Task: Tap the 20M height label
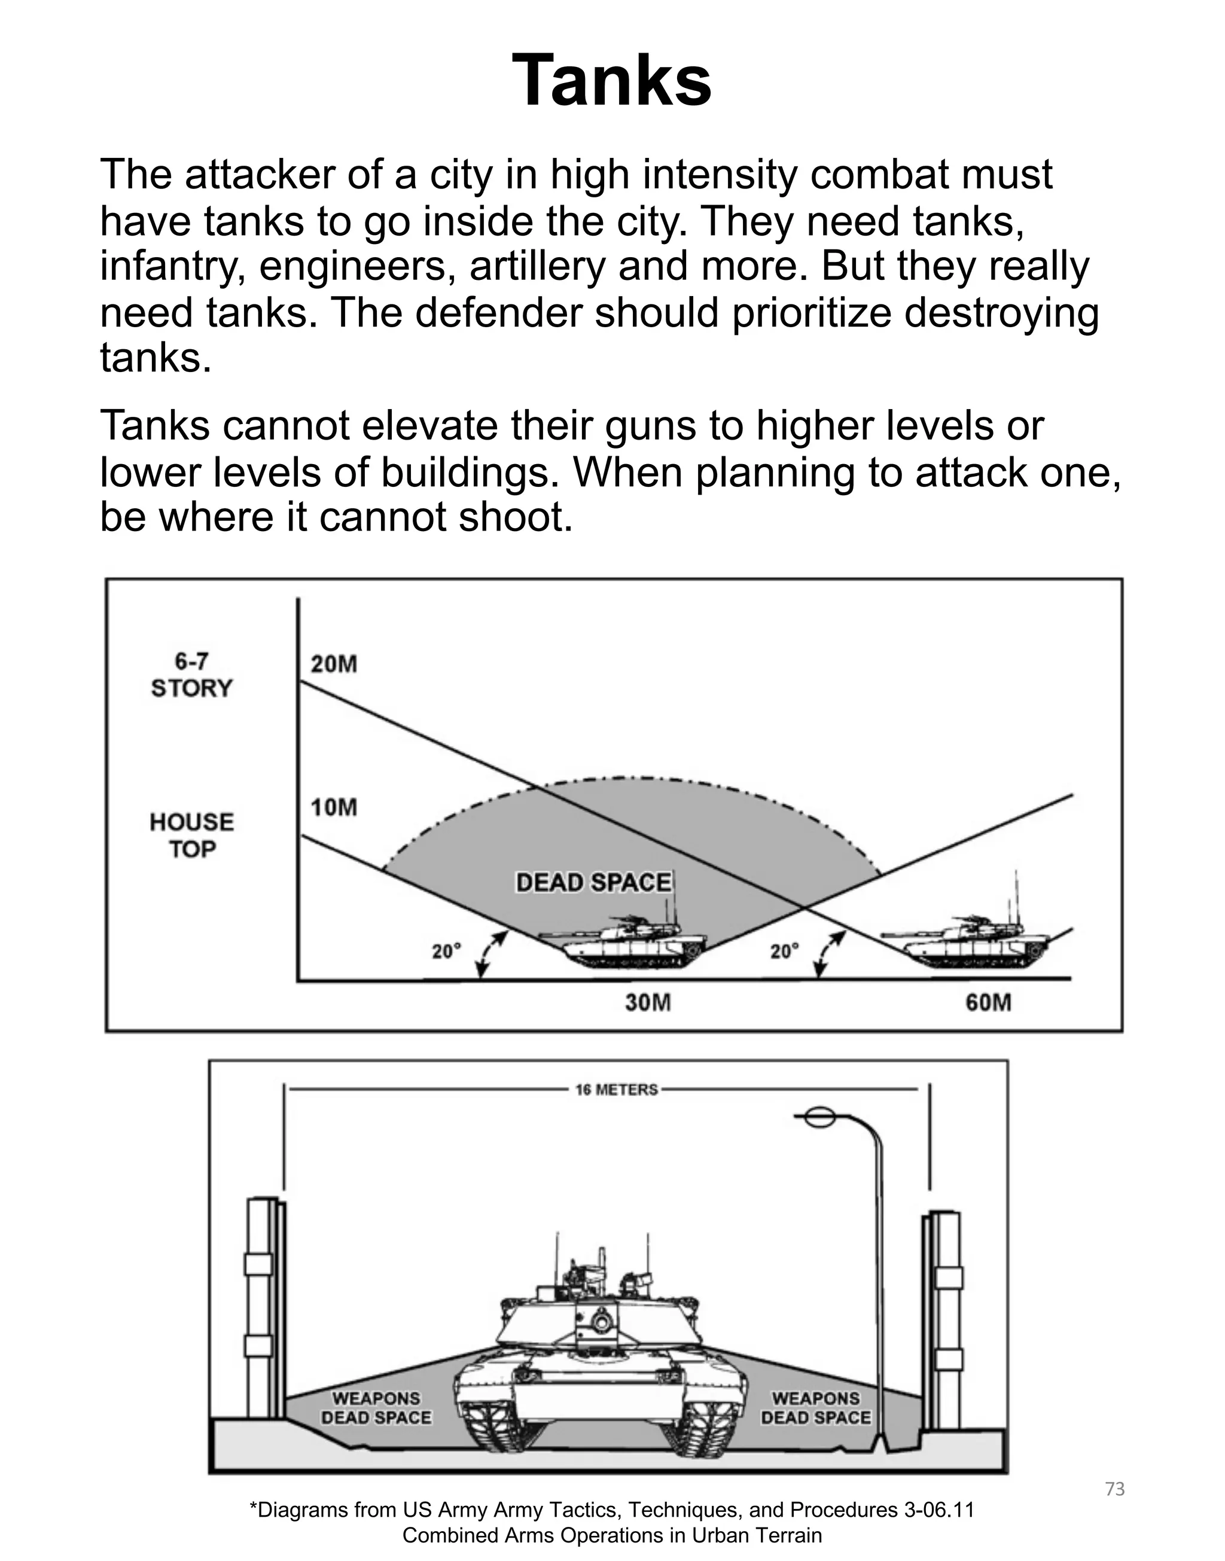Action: (334, 664)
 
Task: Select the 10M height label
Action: (334, 807)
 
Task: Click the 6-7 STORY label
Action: (192, 675)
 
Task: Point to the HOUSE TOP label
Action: (192, 836)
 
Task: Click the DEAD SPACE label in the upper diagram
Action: (593, 882)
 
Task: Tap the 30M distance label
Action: (648, 1002)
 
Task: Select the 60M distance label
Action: (988, 1002)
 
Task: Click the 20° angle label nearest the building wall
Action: (446, 952)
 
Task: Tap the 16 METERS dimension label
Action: (616, 1090)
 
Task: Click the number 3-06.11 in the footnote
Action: (939, 1510)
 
